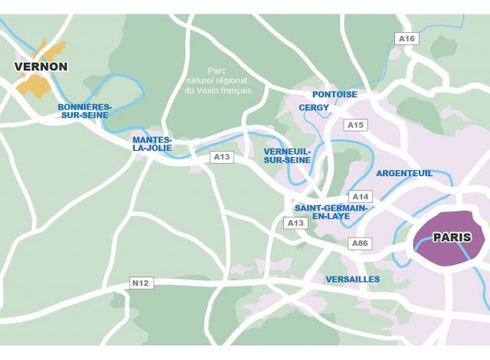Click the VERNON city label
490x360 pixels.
(x=41, y=67)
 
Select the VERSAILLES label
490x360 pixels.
(x=352, y=280)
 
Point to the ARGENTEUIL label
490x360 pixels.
(x=404, y=173)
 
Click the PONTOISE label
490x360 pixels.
(x=335, y=94)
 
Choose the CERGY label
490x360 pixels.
(x=314, y=108)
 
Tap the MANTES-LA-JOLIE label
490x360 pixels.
(x=152, y=144)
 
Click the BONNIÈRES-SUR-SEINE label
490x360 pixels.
(x=84, y=110)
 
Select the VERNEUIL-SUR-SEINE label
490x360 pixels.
(x=287, y=155)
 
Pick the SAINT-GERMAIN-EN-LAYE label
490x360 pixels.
(x=331, y=212)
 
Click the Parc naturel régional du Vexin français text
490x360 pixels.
(x=218, y=80)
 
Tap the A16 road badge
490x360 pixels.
(x=406, y=38)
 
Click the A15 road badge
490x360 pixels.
(x=356, y=124)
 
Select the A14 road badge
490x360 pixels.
(x=360, y=196)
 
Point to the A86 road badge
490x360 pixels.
(x=360, y=243)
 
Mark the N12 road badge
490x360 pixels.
(x=140, y=283)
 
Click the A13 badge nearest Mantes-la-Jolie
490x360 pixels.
(x=221, y=157)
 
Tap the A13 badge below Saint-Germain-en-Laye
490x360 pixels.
(x=296, y=223)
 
